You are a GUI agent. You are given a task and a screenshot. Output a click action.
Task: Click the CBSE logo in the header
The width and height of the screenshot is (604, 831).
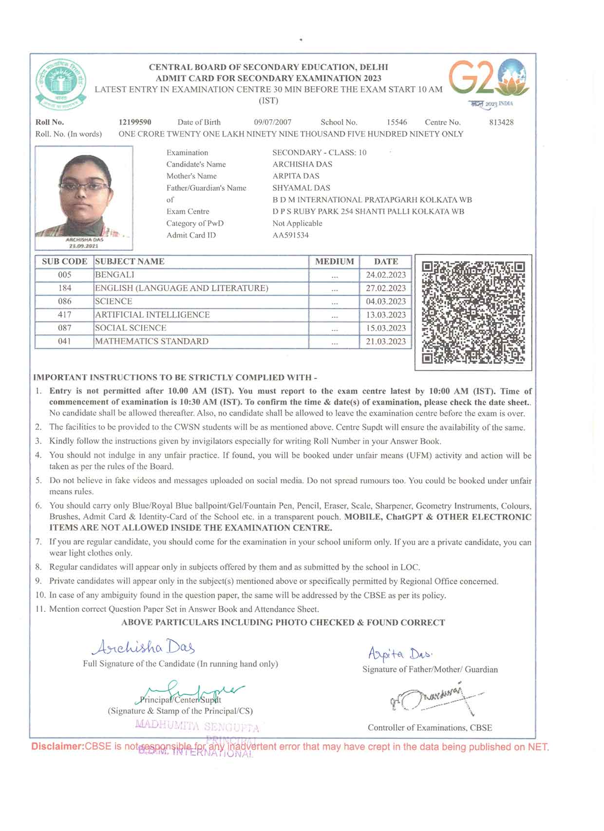coord(61,84)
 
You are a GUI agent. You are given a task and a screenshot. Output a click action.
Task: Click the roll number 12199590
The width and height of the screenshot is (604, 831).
coord(135,122)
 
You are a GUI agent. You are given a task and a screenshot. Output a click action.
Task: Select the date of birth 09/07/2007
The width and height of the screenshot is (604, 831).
coord(273,122)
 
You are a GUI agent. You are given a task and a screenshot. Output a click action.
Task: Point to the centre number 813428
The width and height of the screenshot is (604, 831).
coord(501,122)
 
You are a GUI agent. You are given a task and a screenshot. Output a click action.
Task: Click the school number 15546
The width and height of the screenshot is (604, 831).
coord(397,122)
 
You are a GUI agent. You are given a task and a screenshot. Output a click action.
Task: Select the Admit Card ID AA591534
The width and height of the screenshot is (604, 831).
coord(290,235)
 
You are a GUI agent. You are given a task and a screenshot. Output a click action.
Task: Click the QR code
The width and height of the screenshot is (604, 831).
coord(473,312)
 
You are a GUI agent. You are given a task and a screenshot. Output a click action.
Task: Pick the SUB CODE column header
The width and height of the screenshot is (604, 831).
coord(64,262)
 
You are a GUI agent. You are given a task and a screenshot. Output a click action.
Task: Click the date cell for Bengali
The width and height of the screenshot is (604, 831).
coord(386,275)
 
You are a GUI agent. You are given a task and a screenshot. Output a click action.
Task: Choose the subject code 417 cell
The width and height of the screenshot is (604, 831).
coord(64,315)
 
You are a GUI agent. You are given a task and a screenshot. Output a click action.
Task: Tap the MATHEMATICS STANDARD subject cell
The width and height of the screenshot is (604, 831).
coord(151,341)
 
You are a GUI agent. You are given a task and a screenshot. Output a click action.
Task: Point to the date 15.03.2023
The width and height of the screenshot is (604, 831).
coord(386,328)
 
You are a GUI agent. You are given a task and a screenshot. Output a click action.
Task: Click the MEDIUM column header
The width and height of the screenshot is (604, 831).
coord(334,262)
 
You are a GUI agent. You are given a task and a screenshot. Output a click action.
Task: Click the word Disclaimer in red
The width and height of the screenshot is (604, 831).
coord(57,746)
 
